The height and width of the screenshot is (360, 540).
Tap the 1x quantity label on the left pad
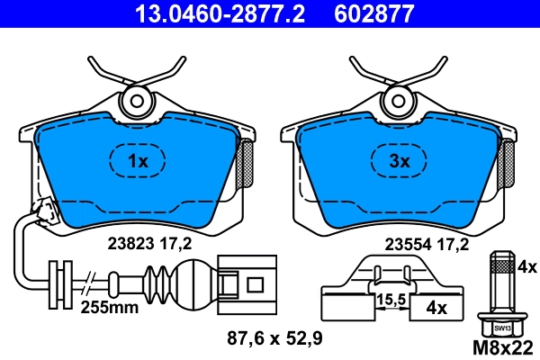136,162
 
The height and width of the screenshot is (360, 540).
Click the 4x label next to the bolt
526,267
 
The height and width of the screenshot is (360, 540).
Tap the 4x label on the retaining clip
436,309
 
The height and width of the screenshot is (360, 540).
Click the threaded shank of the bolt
500,286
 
